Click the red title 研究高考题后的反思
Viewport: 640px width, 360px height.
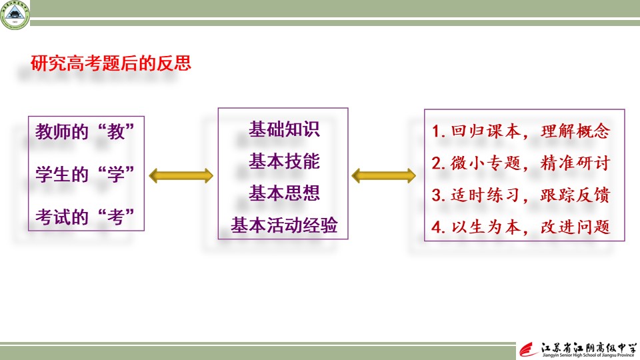(111, 63)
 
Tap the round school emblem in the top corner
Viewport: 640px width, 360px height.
(15, 15)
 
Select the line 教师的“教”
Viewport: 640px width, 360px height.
(85, 132)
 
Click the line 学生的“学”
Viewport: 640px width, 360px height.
(85, 174)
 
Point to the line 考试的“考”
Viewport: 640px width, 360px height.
(85, 217)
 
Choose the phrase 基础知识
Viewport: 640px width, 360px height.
(285, 129)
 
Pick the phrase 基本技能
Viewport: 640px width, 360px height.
(285, 161)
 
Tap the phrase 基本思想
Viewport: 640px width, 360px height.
(285, 193)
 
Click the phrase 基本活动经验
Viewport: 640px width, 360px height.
(285, 225)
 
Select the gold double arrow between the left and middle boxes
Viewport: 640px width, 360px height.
(181, 176)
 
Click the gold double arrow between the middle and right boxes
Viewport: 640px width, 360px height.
(384, 176)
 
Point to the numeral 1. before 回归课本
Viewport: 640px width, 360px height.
(439, 131)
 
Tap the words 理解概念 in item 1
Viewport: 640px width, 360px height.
(575, 131)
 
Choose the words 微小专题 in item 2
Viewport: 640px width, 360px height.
(486, 163)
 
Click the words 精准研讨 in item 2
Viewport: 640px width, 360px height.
(575, 163)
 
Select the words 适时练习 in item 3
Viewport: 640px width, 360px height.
(486, 195)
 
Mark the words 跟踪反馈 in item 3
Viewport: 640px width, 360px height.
(575, 195)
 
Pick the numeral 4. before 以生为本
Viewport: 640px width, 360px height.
(439, 227)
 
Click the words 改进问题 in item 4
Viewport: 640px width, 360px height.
(575, 227)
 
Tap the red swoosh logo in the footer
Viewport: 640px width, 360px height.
(529, 350)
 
